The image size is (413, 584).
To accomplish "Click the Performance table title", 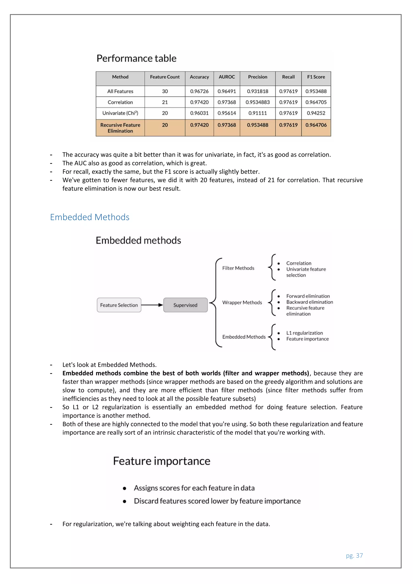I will (136, 58).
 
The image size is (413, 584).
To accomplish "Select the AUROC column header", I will (227, 77).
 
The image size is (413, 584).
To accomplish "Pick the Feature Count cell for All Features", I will (165, 91).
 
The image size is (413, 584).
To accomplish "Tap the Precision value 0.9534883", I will (257, 102).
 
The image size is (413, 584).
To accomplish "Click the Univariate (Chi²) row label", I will (120, 113).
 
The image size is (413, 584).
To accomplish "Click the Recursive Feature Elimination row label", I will (120, 128).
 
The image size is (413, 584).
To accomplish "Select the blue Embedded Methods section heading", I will (90, 217).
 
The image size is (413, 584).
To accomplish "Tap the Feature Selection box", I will (119, 305).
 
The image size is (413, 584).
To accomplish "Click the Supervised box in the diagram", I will (185, 305).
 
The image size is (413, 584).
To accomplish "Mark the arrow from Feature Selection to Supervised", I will (152, 305).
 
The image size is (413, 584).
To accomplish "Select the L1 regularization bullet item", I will (305, 333).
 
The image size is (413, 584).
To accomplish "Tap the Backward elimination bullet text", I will (310, 302).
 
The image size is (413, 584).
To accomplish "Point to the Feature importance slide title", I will (162, 461).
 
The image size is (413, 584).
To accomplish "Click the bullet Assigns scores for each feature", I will (194, 488).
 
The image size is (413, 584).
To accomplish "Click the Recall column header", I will (288, 77).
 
